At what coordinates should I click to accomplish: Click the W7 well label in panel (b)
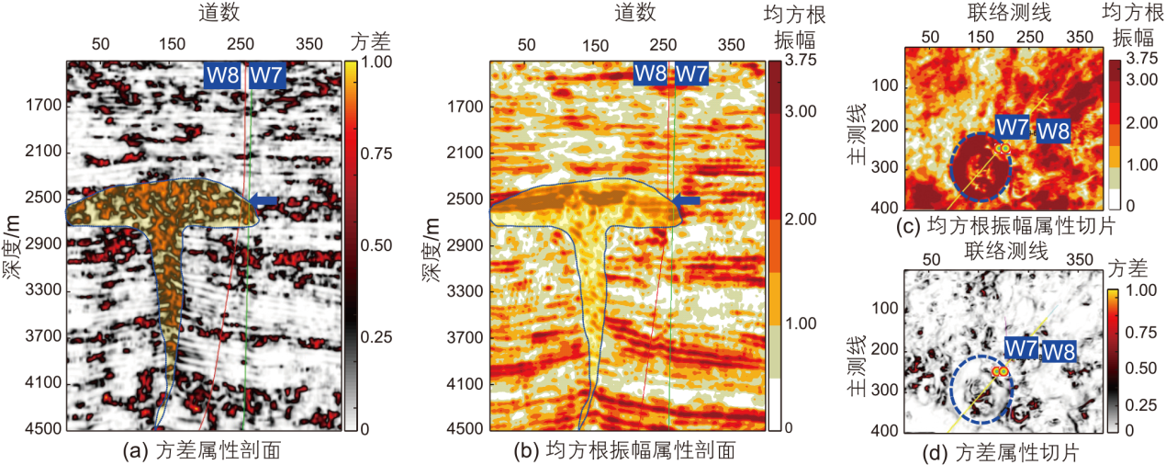[x=691, y=74]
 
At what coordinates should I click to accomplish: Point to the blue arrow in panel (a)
[x=263, y=199]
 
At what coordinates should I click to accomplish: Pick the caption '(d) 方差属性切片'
[x=1004, y=452]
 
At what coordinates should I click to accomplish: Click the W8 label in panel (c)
[x=1053, y=130]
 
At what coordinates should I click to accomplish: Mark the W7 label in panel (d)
[x=1021, y=348]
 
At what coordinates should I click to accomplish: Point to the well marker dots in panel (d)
[x=1001, y=370]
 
